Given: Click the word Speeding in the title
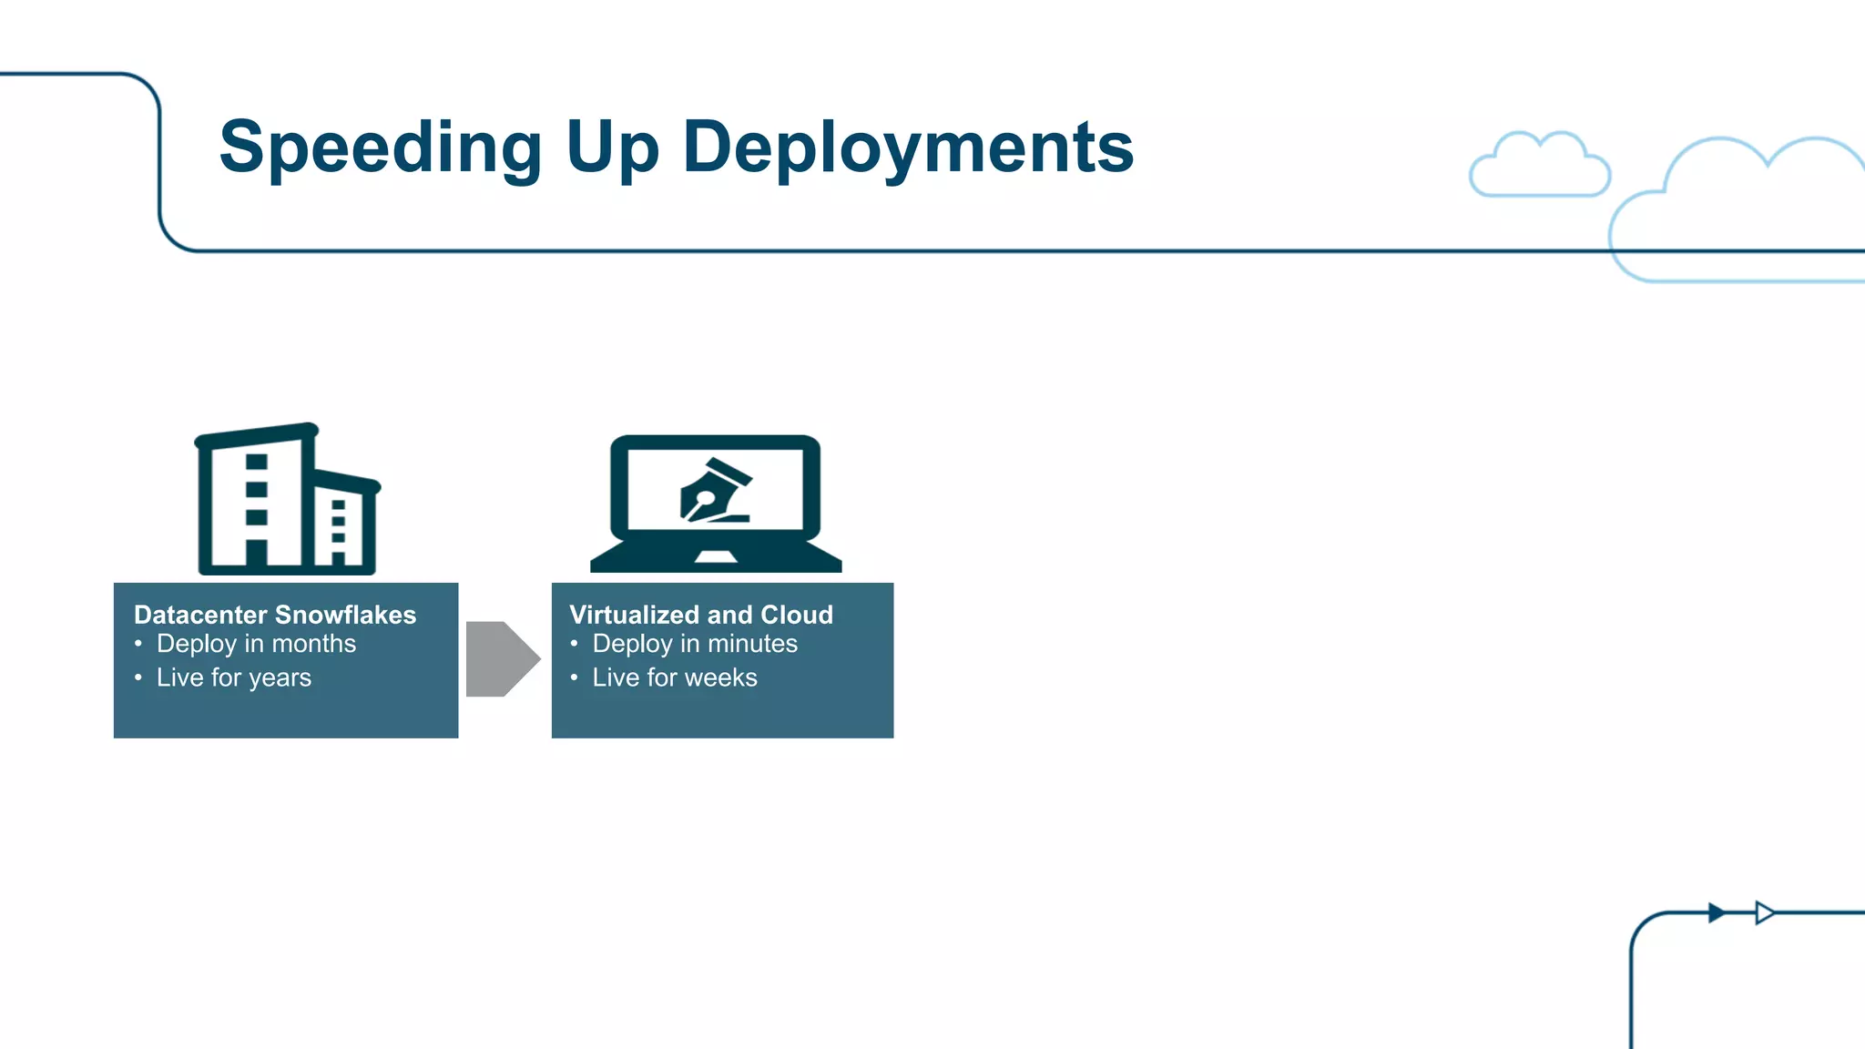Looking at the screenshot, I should pos(381,148).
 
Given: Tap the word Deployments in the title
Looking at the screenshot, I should pos(908,148).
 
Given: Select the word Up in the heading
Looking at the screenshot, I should pos(612,148).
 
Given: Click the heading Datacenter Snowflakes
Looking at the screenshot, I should pos(275,615).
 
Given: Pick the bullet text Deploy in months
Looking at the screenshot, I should pos(256,644).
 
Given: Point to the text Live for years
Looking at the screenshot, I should pos(234,677).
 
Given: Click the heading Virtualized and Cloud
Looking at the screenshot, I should pos(701,615).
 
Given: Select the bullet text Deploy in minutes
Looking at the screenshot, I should pos(695,644).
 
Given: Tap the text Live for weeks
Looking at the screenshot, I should pos(675,677).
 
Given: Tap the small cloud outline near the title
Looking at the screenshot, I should pos(1540,167).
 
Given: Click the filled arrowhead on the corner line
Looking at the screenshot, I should pos(1717,912).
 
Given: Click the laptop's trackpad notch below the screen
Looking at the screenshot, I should pos(716,556).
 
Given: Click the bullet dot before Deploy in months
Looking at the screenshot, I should pos(138,644).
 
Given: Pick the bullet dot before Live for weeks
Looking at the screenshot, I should pos(575,677).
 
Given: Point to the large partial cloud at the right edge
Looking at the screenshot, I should pos(1748,214).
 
